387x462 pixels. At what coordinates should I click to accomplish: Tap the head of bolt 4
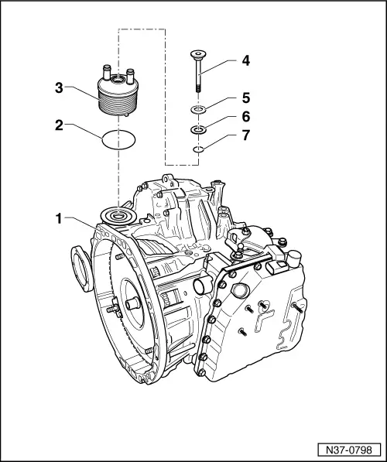199,54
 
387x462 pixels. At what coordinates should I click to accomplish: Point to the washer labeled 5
199,111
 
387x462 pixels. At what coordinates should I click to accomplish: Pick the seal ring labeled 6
199,130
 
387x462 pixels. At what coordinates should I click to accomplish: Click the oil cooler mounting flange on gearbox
118,215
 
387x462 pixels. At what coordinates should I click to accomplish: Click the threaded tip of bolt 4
199,91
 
